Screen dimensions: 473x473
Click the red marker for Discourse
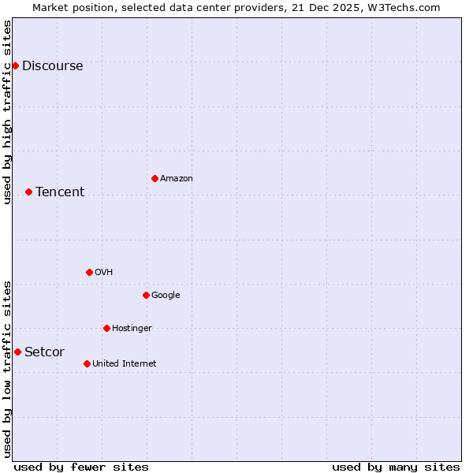click(15, 65)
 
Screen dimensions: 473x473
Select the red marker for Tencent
click(28, 192)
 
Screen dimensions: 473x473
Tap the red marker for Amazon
click(155, 178)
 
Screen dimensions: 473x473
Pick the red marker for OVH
click(89, 272)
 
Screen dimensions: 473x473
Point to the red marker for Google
click(146, 295)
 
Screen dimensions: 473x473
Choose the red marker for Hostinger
click(106, 328)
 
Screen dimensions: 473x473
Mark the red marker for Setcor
click(17, 352)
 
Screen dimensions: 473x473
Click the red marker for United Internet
click(87, 363)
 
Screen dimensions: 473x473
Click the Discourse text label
click(52, 66)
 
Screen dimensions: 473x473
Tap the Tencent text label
click(60, 192)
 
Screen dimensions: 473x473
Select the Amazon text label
click(177, 179)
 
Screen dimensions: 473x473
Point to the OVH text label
click(103, 273)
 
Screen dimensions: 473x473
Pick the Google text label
click(166, 296)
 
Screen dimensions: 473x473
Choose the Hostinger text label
click(132, 329)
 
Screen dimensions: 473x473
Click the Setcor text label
click(44, 352)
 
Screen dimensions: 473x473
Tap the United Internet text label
click(124, 364)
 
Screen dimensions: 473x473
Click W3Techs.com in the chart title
click(400, 8)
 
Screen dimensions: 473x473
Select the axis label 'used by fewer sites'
click(81, 467)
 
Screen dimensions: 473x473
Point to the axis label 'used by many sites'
click(396, 467)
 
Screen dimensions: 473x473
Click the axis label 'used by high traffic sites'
click(8, 112)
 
